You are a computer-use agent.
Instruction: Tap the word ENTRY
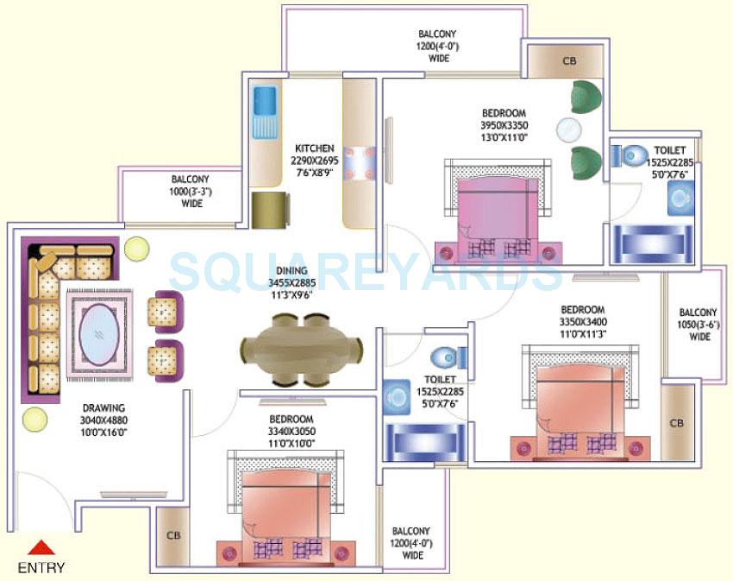(41, 567)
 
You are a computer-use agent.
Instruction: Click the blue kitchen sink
(264, 112)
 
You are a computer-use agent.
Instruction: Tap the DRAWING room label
(103, 407)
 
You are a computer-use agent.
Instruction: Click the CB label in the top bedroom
(568, 61)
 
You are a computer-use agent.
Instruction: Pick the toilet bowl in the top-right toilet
(632, 157)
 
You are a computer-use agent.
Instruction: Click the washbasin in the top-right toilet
(680, 198)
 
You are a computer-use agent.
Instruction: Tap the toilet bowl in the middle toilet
(445, 356)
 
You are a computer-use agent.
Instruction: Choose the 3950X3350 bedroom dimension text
(504, 125)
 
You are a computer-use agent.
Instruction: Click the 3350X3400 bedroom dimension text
(583, 322)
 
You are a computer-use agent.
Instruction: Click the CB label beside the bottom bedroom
(172, 535)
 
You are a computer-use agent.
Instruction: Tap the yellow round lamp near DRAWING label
(34, 420)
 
